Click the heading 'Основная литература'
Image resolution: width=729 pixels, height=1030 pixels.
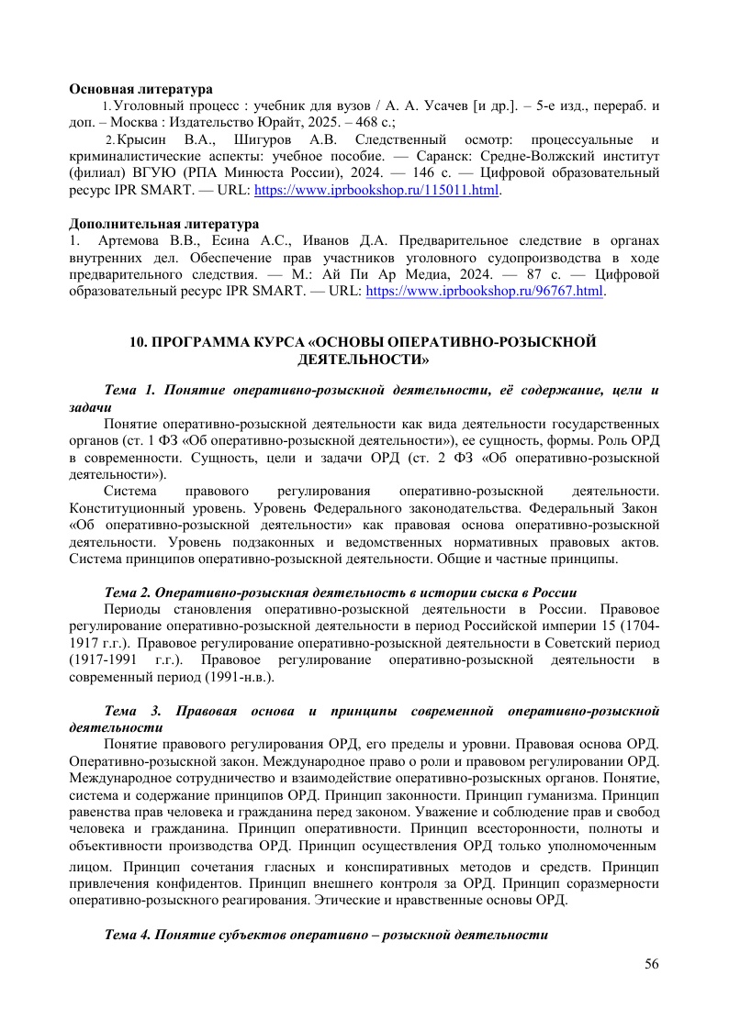141,90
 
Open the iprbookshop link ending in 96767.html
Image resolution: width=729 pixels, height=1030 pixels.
485,292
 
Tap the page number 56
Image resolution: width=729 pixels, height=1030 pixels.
652,963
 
